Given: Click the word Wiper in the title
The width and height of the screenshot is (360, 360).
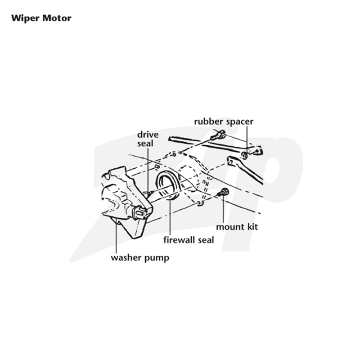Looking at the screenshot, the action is point(25,18).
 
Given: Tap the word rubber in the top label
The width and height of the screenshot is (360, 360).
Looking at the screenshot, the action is point(208,121).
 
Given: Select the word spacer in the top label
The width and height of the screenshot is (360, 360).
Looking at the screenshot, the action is point(239,122).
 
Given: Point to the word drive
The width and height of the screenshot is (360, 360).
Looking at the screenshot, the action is point(148,135).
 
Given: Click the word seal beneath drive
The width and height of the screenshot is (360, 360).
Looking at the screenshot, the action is point(145,144).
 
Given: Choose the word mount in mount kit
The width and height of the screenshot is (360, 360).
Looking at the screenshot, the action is point(230,227).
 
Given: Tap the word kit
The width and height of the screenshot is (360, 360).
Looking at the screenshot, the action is point(252,227).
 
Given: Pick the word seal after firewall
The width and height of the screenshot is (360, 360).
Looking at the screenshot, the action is point(206,240).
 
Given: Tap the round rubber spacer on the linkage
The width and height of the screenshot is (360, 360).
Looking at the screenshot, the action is point(245,155).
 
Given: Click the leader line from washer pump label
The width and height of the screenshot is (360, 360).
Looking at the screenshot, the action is point(117,236).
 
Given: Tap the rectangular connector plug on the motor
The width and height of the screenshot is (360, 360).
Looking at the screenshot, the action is point(139,212).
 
